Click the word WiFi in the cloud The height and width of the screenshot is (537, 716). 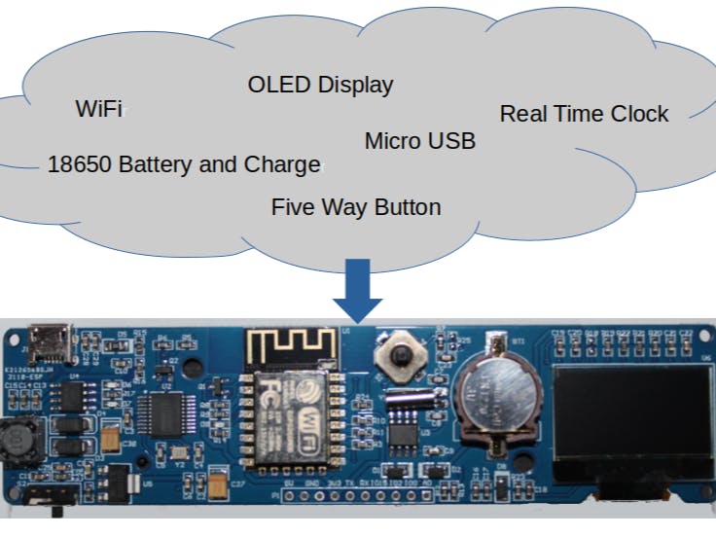(x=98, y=109)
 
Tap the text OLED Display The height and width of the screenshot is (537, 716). (x=320, y=85)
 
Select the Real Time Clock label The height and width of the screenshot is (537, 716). (x=584, y=114)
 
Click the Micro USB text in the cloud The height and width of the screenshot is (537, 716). (x=419, y=141)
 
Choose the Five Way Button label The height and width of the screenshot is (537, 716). (x=355, y=207)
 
